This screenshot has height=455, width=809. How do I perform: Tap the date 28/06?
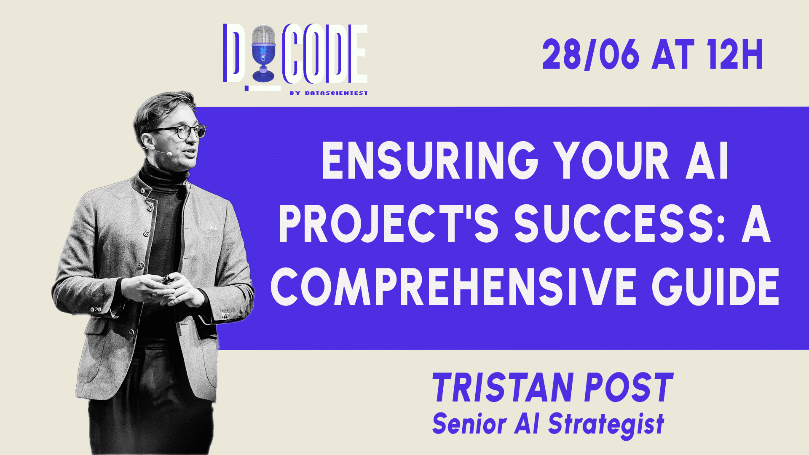point(590,55)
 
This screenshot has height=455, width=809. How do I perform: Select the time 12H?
point(735,55)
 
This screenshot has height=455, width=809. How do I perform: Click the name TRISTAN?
point(501,388)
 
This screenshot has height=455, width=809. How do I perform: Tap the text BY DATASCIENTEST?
point(328,93)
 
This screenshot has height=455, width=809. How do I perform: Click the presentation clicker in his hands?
point(165,279)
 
